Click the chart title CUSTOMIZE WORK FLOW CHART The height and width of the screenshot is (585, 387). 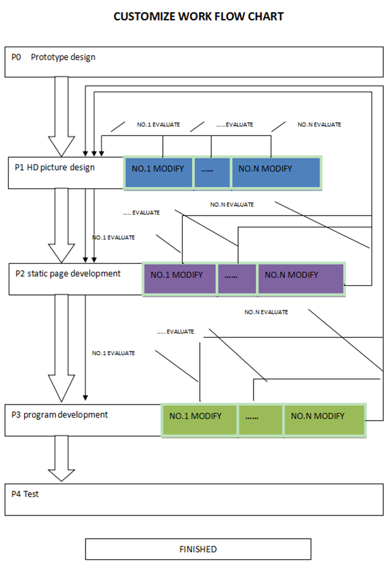(198, 17)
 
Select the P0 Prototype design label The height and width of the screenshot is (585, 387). (54, 57)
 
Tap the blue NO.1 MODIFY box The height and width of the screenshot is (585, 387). (159, 172)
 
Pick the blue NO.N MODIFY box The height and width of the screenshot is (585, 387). (276, 172)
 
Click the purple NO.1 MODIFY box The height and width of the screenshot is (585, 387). (180, 279)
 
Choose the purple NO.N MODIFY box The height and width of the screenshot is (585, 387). (300, 279)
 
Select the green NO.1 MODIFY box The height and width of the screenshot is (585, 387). (199, 420)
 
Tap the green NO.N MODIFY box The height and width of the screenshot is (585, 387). (324, 420)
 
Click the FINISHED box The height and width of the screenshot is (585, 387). (198, 549)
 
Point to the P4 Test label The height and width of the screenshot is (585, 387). (25, 494)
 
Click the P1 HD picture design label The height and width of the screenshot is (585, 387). (55, 167)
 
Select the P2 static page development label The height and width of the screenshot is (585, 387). (68, 274)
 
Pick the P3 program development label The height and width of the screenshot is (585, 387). (60, 415)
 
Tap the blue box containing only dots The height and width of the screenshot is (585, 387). (212, 172)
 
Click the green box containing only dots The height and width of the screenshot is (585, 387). (260, 420)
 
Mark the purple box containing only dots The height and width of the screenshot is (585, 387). (237, 279)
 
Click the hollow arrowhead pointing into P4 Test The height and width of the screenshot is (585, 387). (62, 475)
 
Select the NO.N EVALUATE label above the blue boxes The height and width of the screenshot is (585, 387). (319, 124)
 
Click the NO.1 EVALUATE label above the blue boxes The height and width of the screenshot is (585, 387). (159, 124)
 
